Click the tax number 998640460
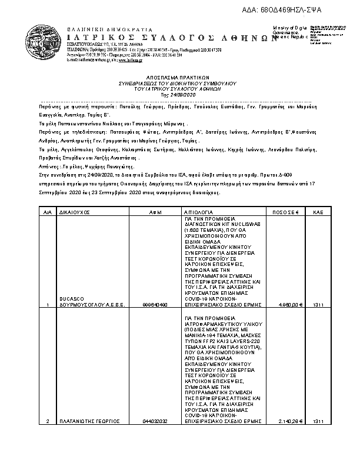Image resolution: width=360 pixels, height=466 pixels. pyautogui.click(x=155, y=305)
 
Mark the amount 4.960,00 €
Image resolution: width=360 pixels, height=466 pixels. pyautogui.click(x=291, y=305)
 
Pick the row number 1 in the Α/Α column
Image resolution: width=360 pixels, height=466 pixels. pyautogui.click(x=47, y=305)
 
